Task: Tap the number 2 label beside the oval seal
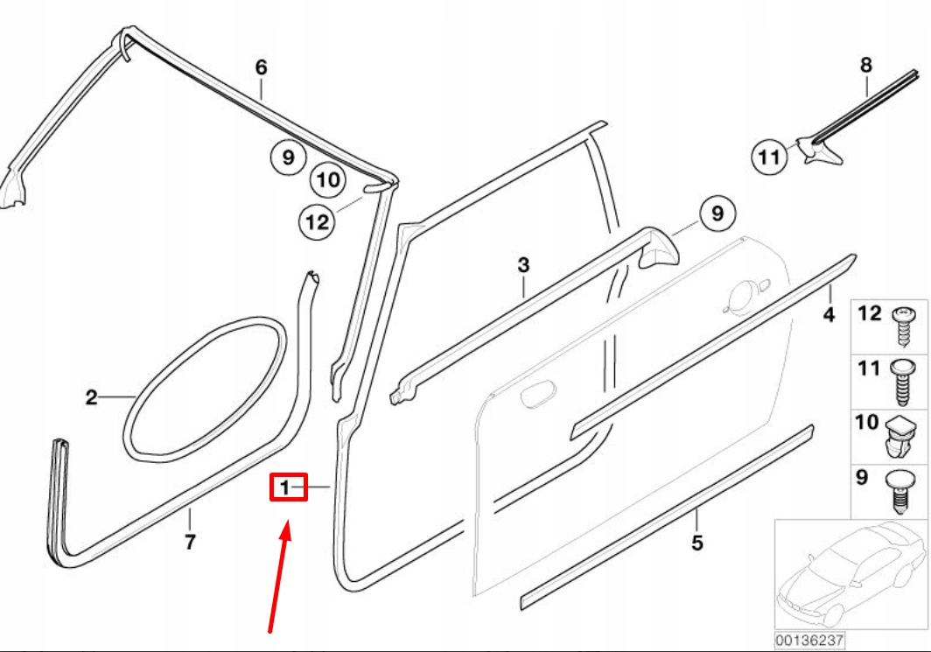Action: [91, 398]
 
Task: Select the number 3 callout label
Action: [523, 264]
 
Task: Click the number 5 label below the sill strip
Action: [696, 543]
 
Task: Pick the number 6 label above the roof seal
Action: [260, 67]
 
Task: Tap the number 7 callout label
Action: [189, 543]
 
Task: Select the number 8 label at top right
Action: [866, 65]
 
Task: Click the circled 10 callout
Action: [328, 180]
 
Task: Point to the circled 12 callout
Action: [317, 221]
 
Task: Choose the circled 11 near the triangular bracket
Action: [768, 158]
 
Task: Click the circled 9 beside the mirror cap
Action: [717, 213]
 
